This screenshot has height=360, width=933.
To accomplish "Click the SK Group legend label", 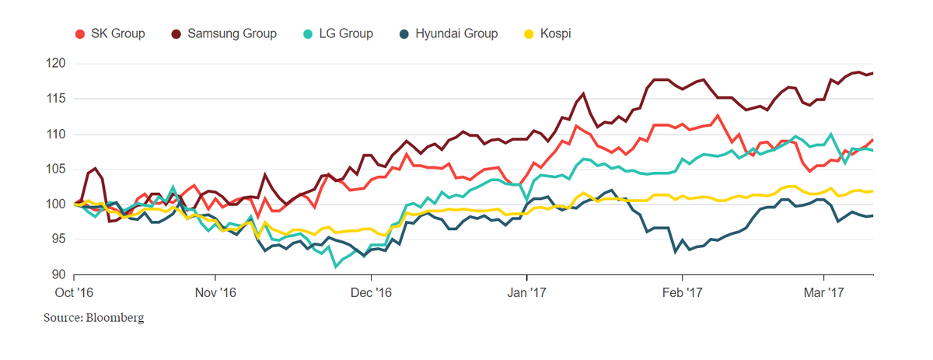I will pyautogui.click(x=117, y=33).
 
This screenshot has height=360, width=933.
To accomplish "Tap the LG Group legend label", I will pyautogui.click(x=346, y=33).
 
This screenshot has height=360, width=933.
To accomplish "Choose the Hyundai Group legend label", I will pyautogui.click(x=456, y=33).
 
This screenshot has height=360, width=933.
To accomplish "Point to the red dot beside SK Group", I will pyautogui.click(x=79, y=33).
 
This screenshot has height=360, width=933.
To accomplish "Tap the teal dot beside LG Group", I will pyautogui.click(x=309, y=33).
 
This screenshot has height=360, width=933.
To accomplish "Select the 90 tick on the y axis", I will pyautogui.click(x=58, y=274).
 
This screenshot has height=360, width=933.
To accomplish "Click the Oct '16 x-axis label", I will pyautogui.click(x=74, y=292).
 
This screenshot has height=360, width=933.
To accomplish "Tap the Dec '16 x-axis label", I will pyautogui.click(x=372, y=292).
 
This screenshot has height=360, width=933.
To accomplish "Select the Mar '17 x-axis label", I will pyautogui.click(x=824, y=292).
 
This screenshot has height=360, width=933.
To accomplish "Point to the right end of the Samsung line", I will pyautogui.click(x=872, y=73).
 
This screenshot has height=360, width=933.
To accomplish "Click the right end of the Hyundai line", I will pyautogui.click(x=872, y=215).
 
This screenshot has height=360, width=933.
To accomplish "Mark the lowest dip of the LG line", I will pyautogui.click(x=335, y=267).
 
